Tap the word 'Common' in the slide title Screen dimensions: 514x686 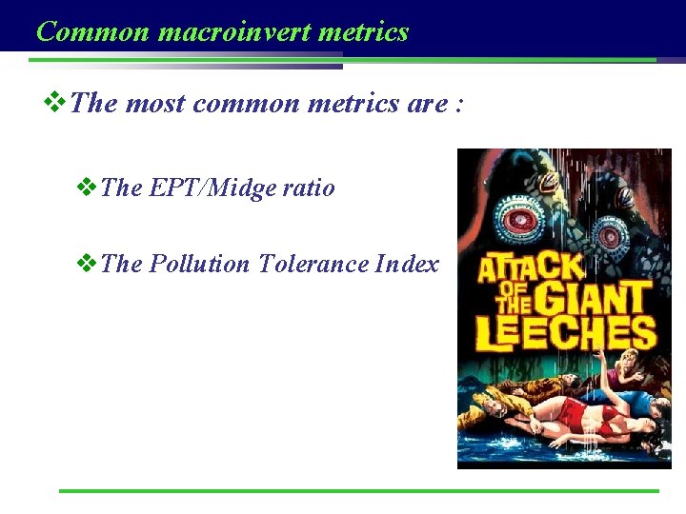92,31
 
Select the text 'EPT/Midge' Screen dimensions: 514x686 212,188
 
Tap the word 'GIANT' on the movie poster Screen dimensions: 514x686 591,300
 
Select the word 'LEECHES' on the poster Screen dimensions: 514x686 566,333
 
